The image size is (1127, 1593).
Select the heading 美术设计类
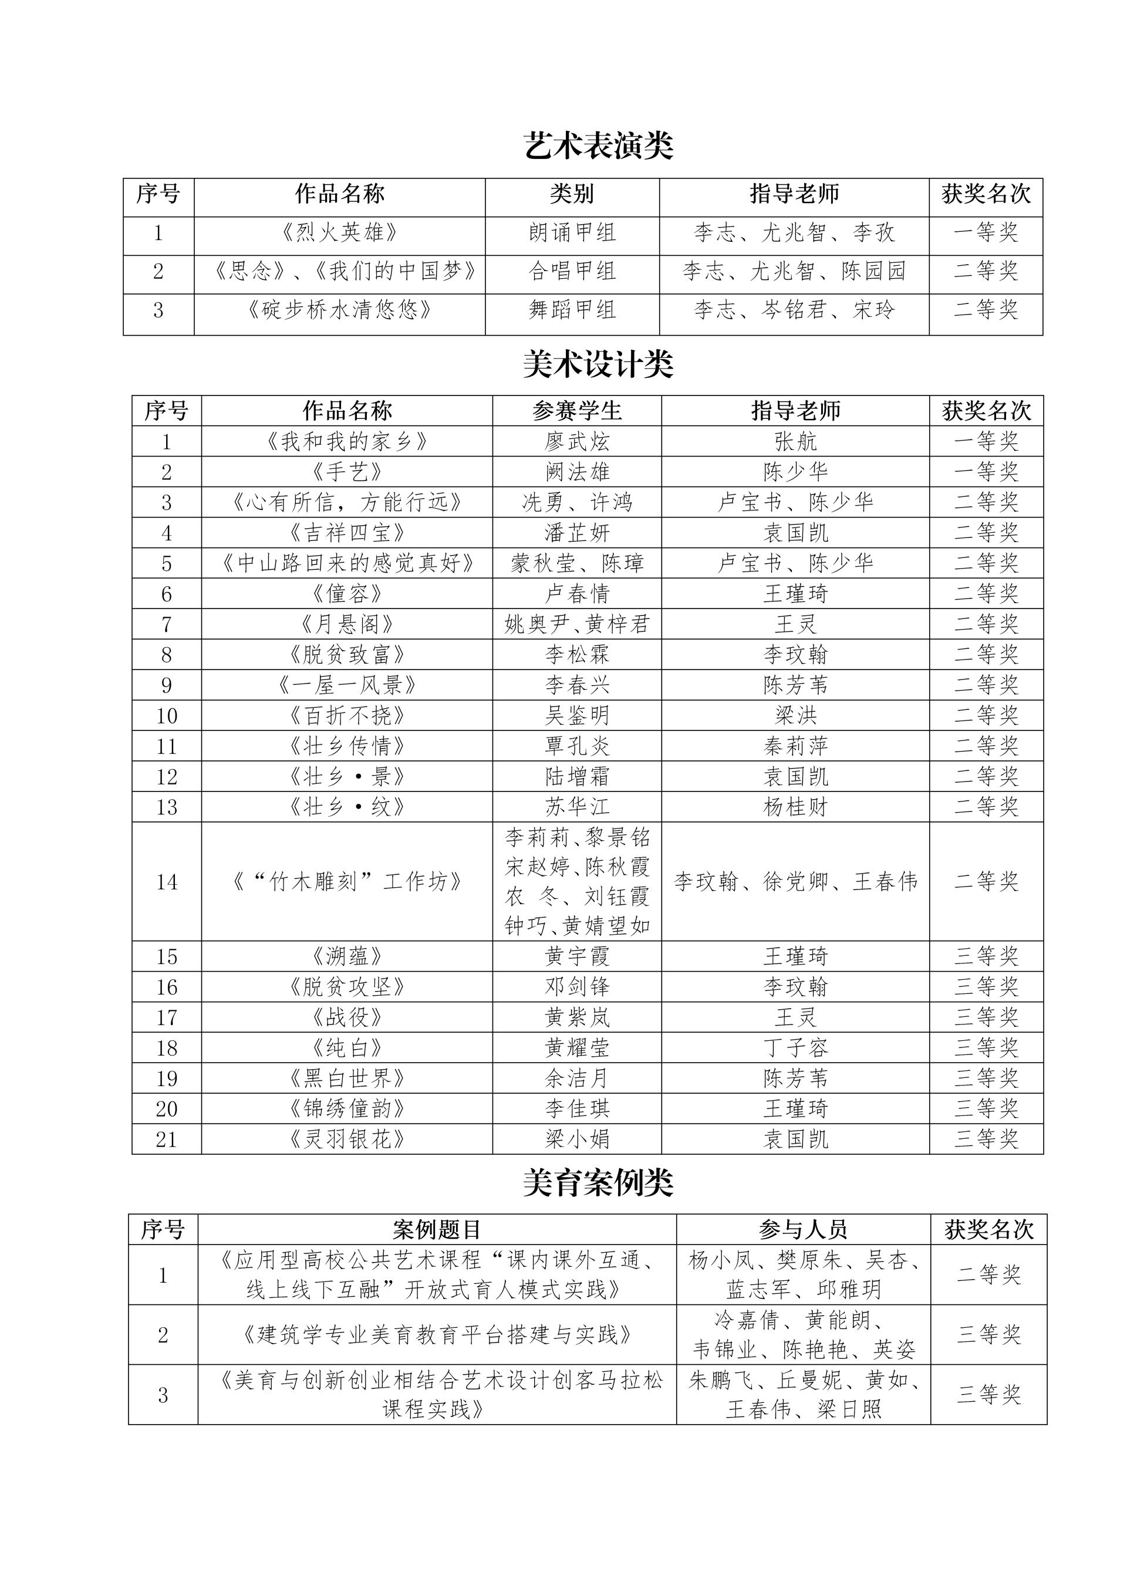[598, 365]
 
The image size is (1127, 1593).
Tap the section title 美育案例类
[598, 1183]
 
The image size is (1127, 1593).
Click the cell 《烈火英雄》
[339, 232]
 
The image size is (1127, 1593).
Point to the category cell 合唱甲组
[572, 271]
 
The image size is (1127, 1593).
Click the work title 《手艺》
[347, 472]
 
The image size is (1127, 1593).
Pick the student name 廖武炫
[576, 442]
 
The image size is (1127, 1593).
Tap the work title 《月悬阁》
[347, 624]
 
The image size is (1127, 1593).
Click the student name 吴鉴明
[576, 716]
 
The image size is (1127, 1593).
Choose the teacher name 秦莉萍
[795, 746]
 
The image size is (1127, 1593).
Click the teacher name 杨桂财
[795, 807]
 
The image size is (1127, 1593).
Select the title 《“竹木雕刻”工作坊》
[347, 882]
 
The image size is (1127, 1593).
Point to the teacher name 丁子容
[795, 1049]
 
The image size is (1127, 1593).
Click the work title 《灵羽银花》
[347, 1139]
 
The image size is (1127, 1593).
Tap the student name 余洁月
[576, 1079]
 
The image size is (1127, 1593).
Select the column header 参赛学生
[576, 411]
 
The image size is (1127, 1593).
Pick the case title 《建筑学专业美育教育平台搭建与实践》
[437, 1334]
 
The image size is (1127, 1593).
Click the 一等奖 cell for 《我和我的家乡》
[986, 442]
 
